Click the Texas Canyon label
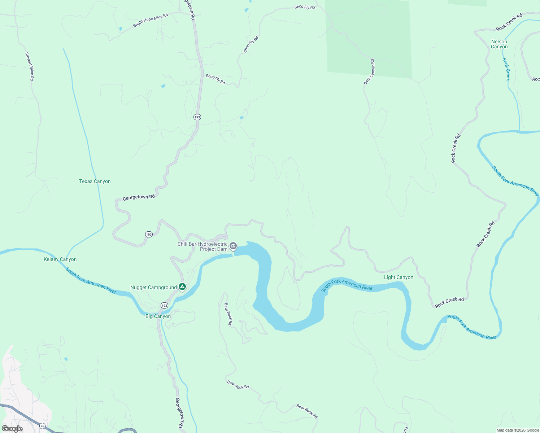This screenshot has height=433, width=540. point(95,181)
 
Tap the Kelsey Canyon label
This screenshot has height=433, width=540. point(60,259)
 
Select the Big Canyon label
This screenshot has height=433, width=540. point(158,316)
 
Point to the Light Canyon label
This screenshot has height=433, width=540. point(399,277)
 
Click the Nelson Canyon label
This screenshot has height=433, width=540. point(499,44)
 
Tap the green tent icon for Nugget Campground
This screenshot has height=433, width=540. point(182,287)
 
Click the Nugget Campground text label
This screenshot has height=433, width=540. point(153,287)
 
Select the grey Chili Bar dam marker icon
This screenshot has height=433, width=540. point(233,246)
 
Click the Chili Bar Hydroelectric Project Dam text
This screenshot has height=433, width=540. point(202,246)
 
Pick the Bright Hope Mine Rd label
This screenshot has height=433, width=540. point(150,20)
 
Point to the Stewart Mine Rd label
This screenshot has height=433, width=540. point(30,66)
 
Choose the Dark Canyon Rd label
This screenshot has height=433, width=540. point(369,72)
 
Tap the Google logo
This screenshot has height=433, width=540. point(12,429)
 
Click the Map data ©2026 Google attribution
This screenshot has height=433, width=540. point(518,430)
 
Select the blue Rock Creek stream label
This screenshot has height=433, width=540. point(506,69)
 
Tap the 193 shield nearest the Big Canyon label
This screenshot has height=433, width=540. point(164,306)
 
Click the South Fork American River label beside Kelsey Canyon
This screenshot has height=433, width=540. point(91,280)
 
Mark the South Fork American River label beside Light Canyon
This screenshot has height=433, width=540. point(347,285)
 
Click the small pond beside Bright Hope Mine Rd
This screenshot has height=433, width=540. point(121,29)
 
